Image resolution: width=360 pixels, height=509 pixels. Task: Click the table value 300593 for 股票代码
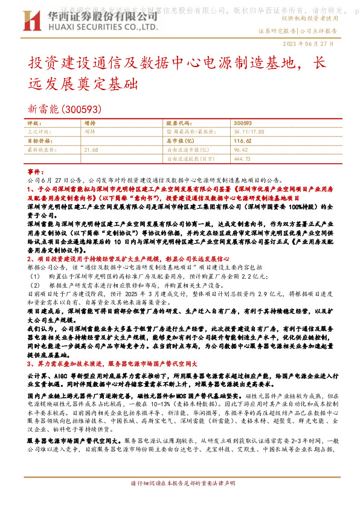point(242,123)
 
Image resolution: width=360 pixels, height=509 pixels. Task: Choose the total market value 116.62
point(243,140)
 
